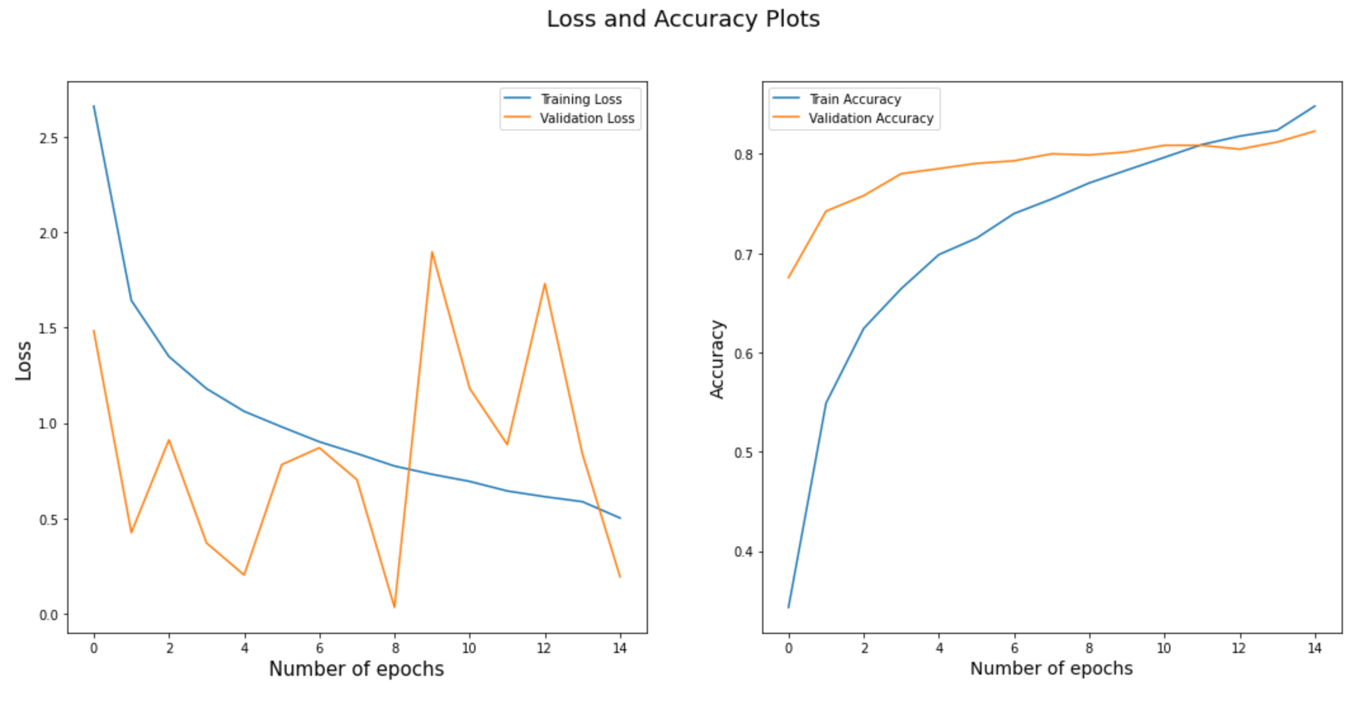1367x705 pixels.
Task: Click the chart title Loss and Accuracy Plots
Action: tap(683, 19)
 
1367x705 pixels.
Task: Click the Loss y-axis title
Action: tap(23, 361)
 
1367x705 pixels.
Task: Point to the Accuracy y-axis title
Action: tap(717, 359)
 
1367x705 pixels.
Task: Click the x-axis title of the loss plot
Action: tap(356, 669)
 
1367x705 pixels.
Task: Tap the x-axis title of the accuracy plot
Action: tap(1051, 668)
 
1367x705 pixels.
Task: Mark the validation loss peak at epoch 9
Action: tap(432, 252)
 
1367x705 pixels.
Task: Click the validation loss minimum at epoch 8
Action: tap(394, 607)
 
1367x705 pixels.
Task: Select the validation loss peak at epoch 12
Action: tap(545, 283)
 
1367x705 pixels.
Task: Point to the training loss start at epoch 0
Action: tap(94, 106)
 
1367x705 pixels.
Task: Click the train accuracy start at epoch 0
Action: tap(789, 607)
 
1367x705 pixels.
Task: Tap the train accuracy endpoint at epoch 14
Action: tap(1315, 106)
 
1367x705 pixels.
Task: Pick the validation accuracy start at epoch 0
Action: tap(789, 278)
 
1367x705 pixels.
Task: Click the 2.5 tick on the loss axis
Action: tap(48, 138)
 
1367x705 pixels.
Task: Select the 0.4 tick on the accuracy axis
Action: tap(744, 552)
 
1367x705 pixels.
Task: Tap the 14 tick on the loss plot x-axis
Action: tap(620, 648)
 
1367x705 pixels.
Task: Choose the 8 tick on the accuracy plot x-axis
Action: tap(1089, 648)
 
